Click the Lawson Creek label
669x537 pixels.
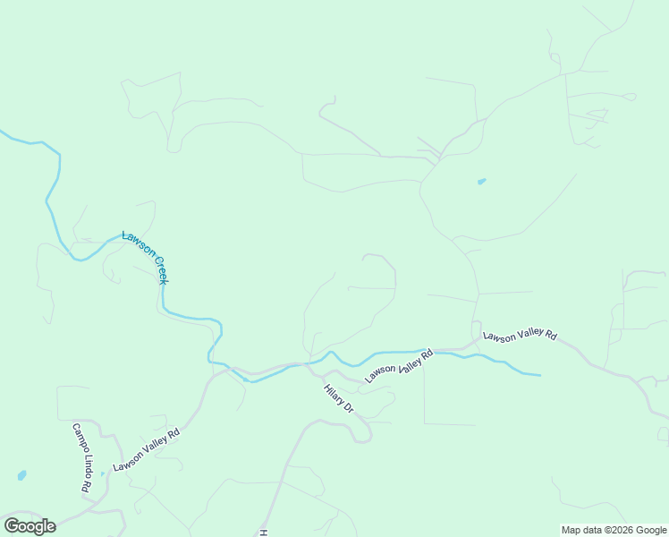[146, 257]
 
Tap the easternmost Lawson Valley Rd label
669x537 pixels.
[520, 336]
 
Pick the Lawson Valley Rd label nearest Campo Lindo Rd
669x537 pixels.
[147, 448]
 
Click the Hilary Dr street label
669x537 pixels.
[340, 398]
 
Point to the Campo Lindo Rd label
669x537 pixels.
[81, 458]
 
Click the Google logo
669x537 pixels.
[30, 526]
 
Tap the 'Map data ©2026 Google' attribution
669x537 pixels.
[614, 530]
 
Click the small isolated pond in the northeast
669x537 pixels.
[482, 182]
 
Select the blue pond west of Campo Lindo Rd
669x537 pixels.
[21, 475]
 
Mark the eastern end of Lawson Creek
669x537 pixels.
[539, 374]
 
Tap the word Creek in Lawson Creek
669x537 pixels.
[158, 268]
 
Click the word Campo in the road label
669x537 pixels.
[78, 438]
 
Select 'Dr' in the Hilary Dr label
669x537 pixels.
[350, 408]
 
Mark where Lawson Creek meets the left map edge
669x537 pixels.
[2, 132]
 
